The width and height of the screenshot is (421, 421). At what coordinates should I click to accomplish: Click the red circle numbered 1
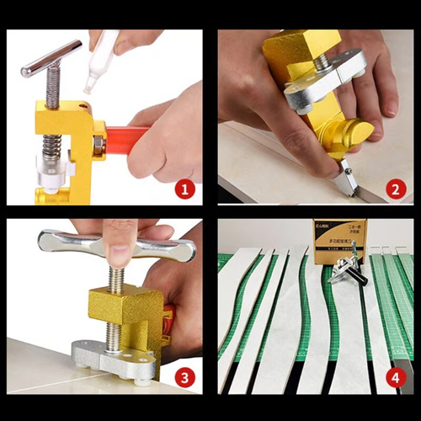pos(185,190)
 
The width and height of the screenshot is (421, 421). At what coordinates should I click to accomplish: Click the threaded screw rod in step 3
pos(116,279)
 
